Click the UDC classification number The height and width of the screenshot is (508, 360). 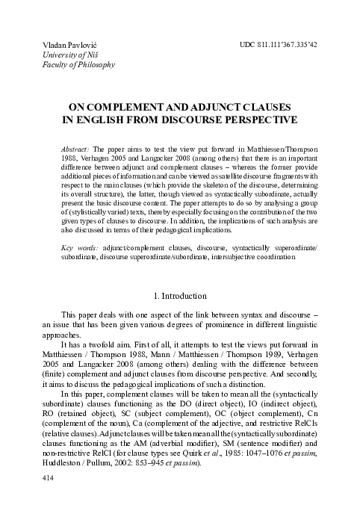(x=279, y=46)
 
